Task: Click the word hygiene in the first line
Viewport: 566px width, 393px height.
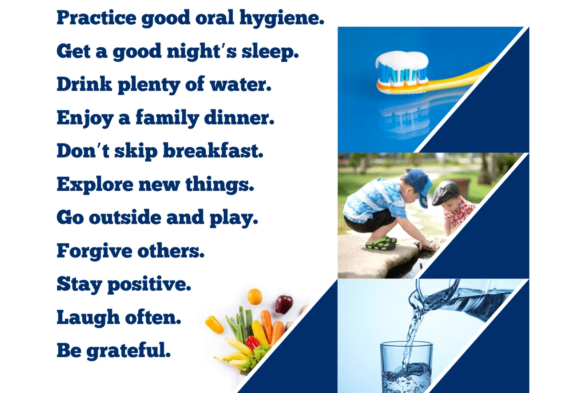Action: (x=282, y=19)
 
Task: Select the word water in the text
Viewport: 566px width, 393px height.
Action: (x=241, y=84)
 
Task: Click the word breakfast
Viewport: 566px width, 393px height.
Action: (x=213, y=150)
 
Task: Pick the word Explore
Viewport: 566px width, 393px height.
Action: (x=95, y=185)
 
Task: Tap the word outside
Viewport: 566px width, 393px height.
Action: (x=125, y=217)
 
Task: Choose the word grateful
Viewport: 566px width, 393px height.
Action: (x=128, y=351)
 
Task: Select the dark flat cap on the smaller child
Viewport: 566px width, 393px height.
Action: (x=446, y=192)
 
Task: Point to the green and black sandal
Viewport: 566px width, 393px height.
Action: (x=381, y=243)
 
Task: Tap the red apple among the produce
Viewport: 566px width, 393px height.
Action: (x=284, y=304)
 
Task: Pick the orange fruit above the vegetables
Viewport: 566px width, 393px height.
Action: (x=254, y=297)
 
